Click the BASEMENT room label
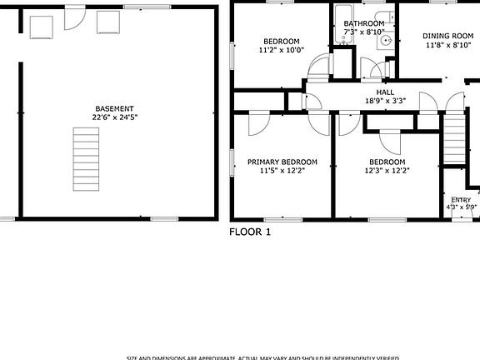[x=114, y=109]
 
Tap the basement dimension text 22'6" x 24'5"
[x=114, y=118]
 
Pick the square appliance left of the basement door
[x=41, y=26]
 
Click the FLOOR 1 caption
[x=250, y=232]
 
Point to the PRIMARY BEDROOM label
[x=282, y=162]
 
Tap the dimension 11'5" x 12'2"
[x=282, y=171]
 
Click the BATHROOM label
[x=363, y=24]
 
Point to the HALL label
[x=385, y=92]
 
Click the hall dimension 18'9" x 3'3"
[x=385, y=101]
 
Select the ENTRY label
[x=461, y=200]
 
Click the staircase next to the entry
[x=453, y=142]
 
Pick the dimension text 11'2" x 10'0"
[x=282, y=50]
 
